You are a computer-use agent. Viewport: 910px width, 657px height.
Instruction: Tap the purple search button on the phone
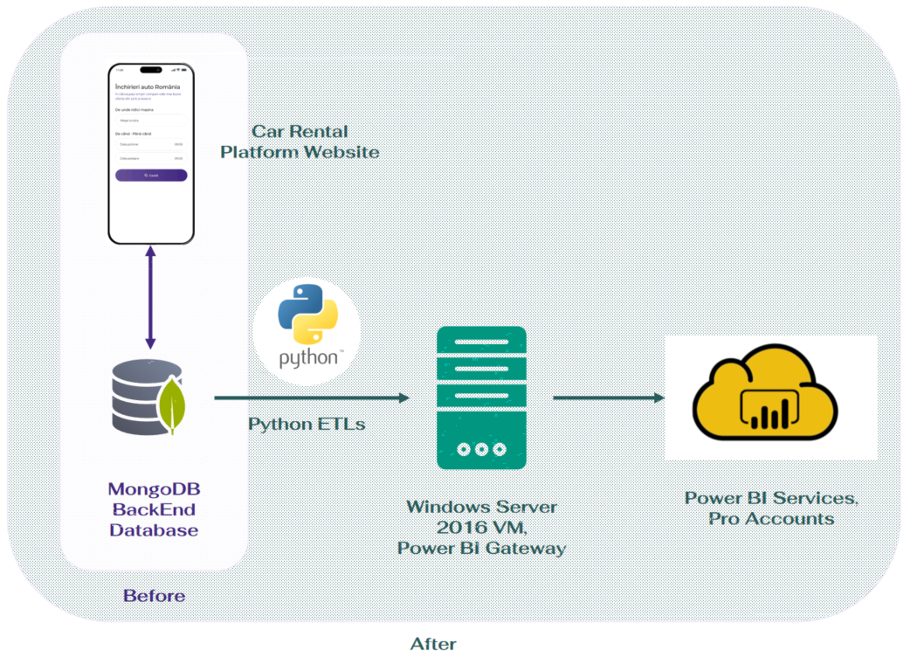[151, 176]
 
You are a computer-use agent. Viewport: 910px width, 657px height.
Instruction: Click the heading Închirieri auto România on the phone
[148, 87]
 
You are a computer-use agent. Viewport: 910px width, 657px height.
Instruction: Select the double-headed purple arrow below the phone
[150, 296]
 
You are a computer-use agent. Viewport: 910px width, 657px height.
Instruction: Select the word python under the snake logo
[306, 358]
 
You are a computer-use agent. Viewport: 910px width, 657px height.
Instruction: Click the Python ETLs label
[307, 425]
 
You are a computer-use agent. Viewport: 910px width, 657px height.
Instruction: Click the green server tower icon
[481, 398]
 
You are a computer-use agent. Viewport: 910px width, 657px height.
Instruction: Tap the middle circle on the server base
[481, 449]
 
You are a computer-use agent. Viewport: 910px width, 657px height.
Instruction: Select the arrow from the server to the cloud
[608, 398]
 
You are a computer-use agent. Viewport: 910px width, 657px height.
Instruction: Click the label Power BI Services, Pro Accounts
[771, 508]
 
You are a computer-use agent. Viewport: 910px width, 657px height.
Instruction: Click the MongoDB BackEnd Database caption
[154, 509]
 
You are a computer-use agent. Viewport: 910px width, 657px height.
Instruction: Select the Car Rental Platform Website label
[300, 142]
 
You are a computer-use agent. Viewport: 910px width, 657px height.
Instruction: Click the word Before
[154, 596]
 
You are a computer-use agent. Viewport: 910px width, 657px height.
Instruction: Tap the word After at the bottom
[433, 644]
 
